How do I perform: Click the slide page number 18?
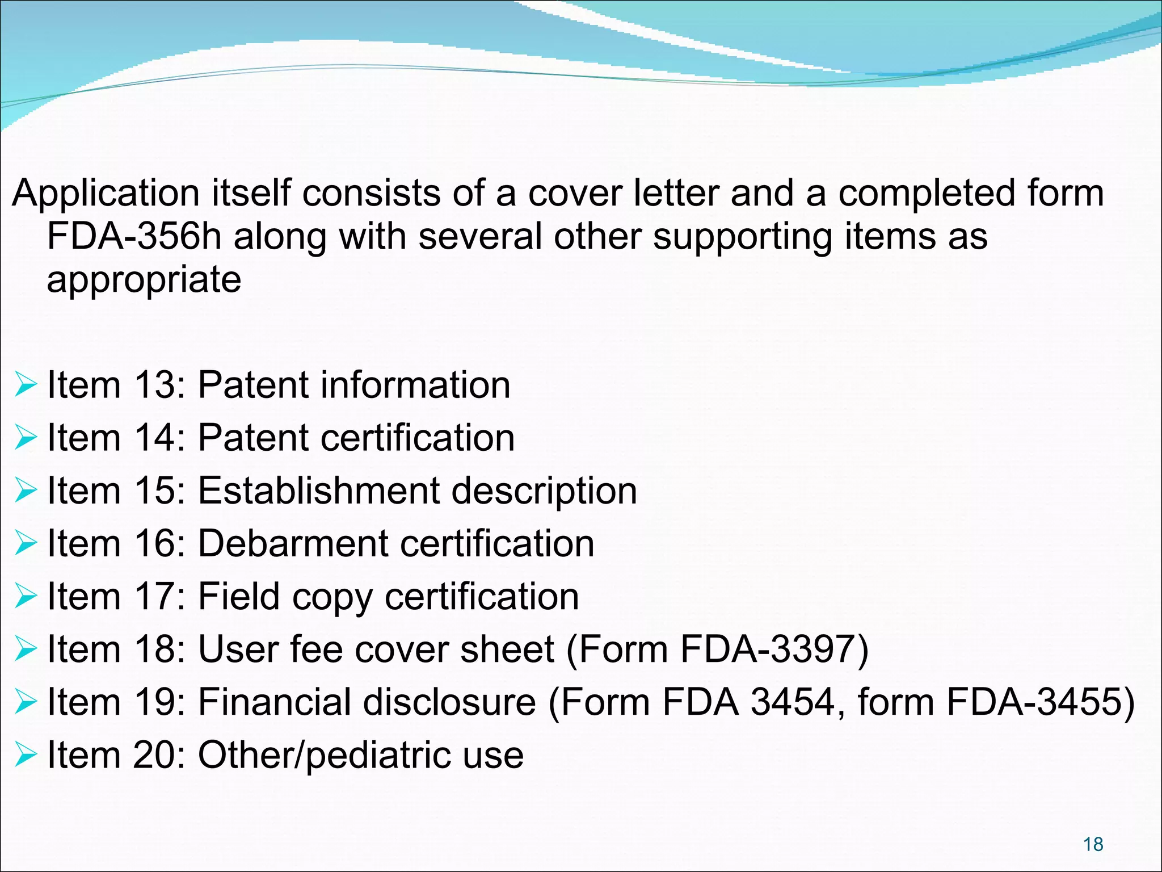coord(1093,844)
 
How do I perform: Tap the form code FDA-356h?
coord(134,236)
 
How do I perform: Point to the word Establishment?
coord(319,491)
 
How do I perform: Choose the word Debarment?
coord(293,543)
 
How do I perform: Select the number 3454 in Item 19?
coord(792,702)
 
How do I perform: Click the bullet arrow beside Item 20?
coord(26,754)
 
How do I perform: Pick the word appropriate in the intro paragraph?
coord(144,280)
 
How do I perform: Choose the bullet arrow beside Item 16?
coord(26,543)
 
